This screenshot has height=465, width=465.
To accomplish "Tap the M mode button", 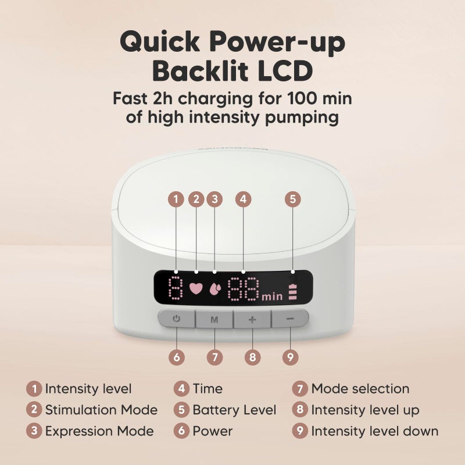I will tap(214, 319).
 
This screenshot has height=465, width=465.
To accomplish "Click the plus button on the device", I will tap(252, 319).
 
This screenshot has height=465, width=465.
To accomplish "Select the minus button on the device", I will tap(289, 319).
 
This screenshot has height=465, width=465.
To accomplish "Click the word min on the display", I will tap(272, 296).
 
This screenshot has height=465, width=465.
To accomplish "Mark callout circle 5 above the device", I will tap(293, 199).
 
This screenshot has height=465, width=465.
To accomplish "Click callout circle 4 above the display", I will tap(244, 199).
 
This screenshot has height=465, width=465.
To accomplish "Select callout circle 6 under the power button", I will tap(177, 356).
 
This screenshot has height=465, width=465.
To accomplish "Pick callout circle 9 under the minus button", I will tap(289, 356).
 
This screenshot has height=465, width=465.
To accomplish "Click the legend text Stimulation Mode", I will tap(101, 410).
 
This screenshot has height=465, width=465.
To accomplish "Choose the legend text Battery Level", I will tap(234, 410).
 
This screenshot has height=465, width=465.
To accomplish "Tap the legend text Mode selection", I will tap(360, 388).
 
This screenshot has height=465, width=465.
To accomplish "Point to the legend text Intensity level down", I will tap(374, 431).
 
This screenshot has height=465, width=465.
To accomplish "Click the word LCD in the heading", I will tap(278, 71).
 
